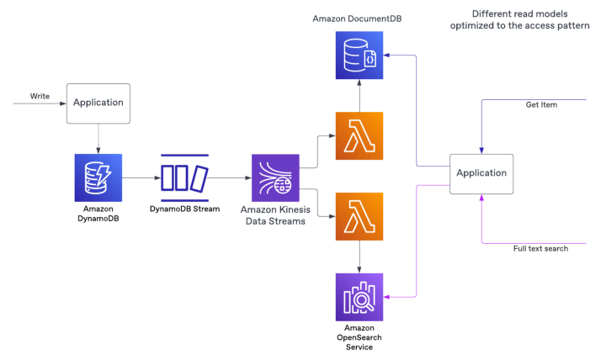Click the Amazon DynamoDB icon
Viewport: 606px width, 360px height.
tap(98, 177)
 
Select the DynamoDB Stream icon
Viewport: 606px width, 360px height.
tap(184, 177)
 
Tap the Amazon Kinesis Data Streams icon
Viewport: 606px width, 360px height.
tap(275, 177)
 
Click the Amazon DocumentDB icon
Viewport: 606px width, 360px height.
tap(359, 56)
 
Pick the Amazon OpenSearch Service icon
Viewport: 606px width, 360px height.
tap(359, 297)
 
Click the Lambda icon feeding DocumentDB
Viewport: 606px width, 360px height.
tap(359, 135)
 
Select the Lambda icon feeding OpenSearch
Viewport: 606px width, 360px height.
tap(359, 216)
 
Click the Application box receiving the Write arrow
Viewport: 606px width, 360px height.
tap(98, 103)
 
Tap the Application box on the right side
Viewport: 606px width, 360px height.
tap(481, 173)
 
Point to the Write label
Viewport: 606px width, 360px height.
tap(40, 96)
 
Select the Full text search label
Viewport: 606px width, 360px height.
tap(540, 248)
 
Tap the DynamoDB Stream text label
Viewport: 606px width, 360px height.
tap(184, 208)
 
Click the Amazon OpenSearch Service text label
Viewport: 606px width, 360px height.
tap(359, 336)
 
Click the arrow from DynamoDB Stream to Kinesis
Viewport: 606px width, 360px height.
tap(229, 177)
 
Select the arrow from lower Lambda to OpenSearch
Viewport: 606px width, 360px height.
tap(359, 256)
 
